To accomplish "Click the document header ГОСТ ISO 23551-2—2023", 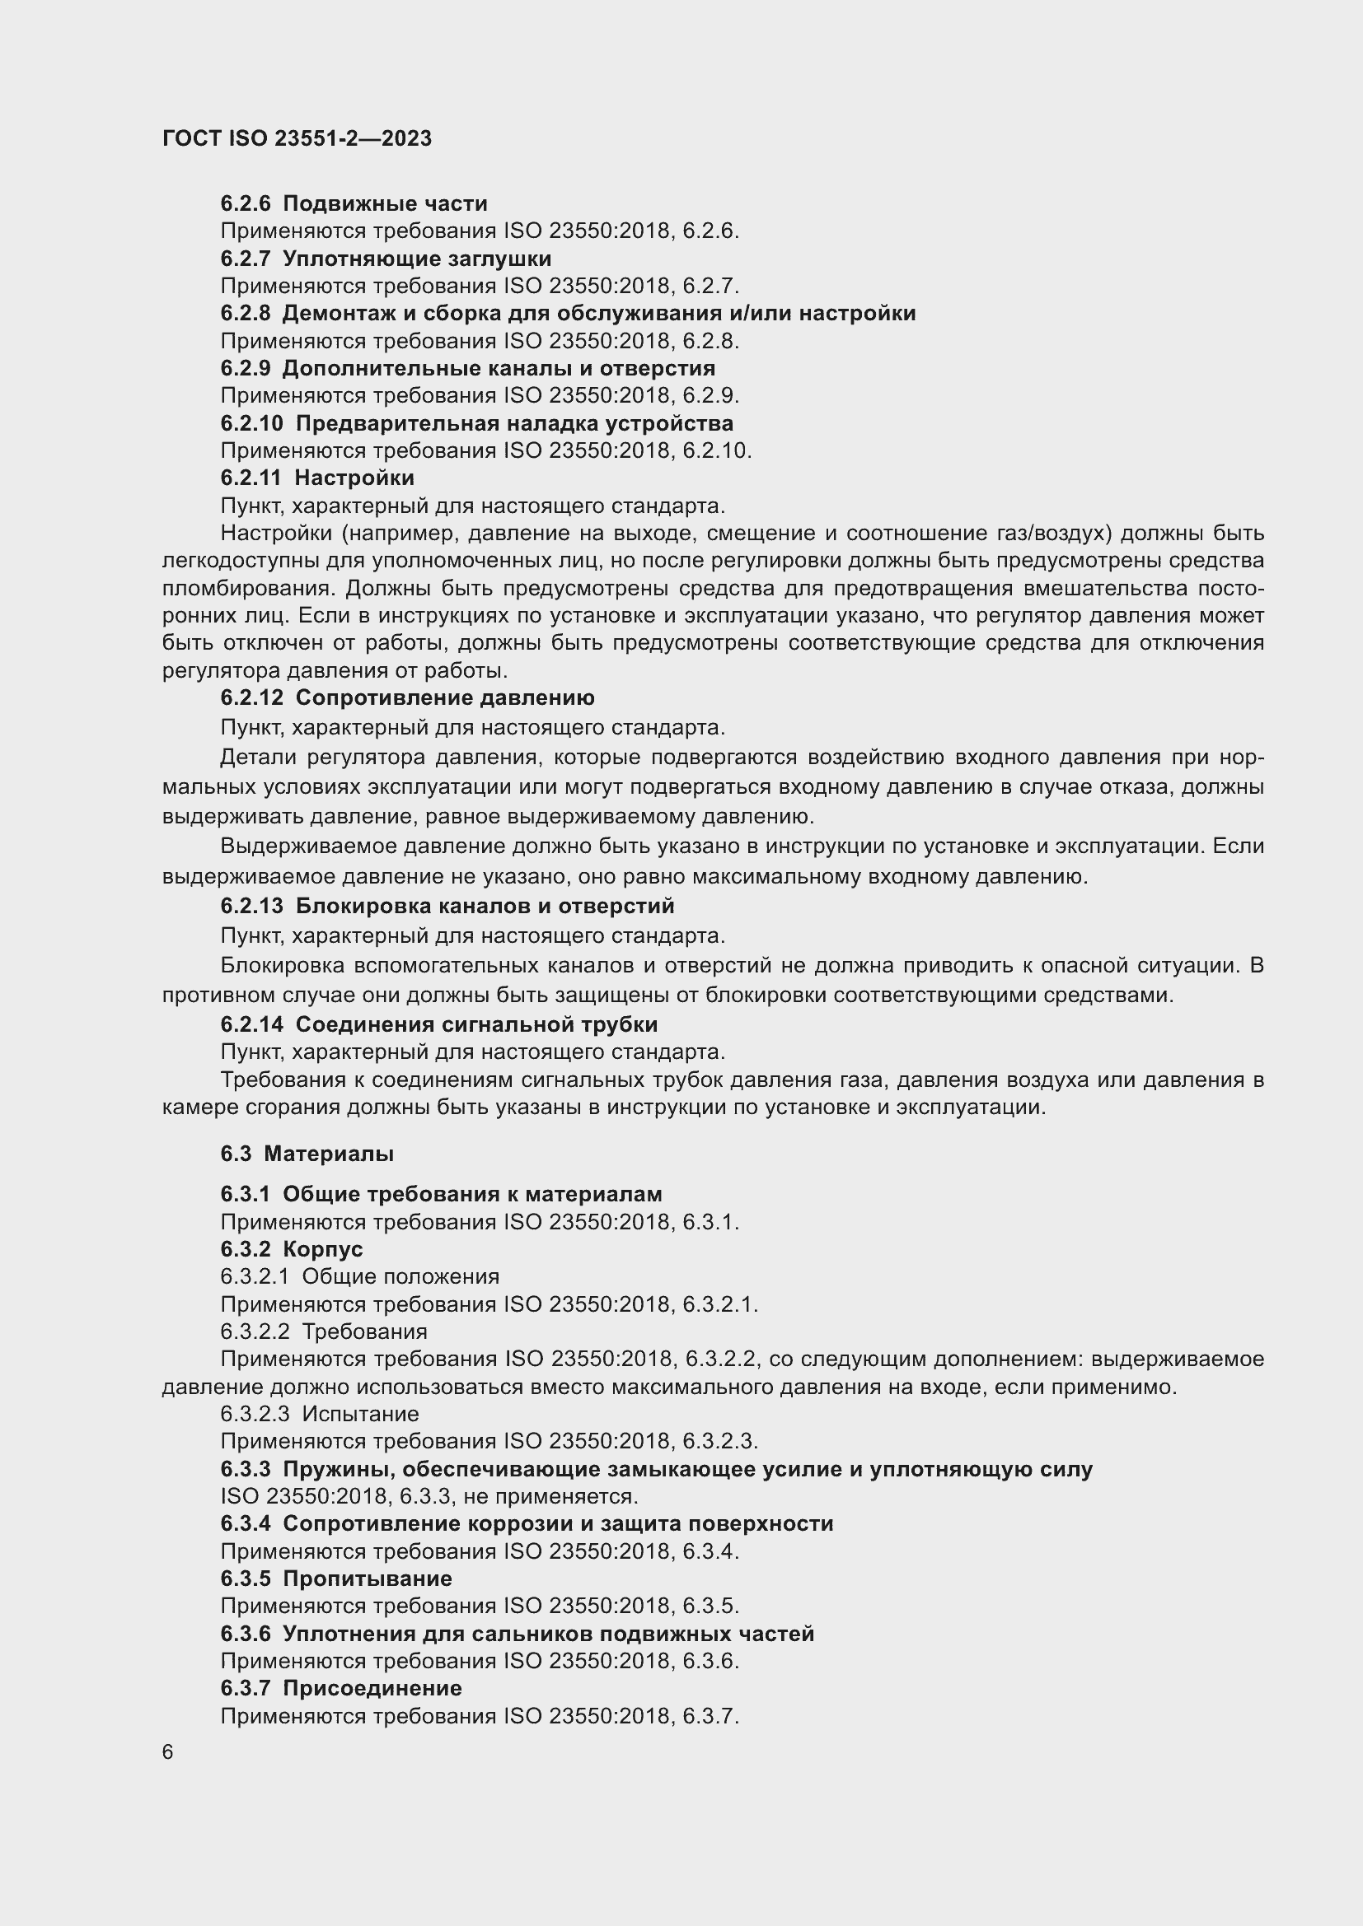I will point(297,138).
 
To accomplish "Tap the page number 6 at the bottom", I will point(168,1751).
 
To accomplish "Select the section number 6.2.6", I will point(245,203).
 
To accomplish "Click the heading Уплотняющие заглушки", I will point(416,259).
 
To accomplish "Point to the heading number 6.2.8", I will point(245,314).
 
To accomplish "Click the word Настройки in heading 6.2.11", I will point(354,478).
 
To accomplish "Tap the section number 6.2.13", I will point(252,906).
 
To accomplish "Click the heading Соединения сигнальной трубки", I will point(476,1024).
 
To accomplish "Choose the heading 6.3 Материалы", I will point(307,1154).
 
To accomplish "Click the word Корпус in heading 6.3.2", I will point(322,1249).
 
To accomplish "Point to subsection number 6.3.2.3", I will point(255,1414).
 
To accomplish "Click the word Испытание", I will point(360,1414).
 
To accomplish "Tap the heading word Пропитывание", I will point(367,1579).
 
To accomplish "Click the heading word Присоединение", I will point(372,1688).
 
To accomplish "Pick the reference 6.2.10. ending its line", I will point(717,450).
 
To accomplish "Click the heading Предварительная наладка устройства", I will point(513,423).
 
